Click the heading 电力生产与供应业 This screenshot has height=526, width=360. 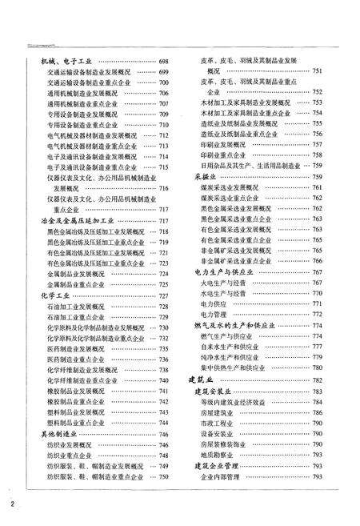click(x=224, y=272)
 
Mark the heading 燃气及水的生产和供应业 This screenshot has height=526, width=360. click(x=238, y=326)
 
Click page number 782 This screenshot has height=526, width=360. click(x=317, y=380)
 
